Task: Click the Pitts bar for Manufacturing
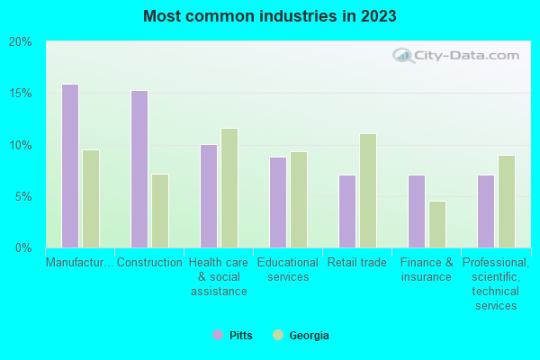(70, 166)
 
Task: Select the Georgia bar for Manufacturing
(91, 198)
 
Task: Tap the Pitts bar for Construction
(139, 168)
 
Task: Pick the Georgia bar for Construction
(160, 211)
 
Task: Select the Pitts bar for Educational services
(278, 202)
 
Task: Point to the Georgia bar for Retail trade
(368, 190)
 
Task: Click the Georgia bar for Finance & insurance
(437, 224)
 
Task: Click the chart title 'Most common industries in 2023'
(269, 16)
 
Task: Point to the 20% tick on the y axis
(21, 42)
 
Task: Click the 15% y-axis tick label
(21, 94)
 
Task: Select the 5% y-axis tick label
(23, 196)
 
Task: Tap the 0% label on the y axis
(23, 247)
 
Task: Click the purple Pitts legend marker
(217, 335)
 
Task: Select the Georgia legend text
(309, 336)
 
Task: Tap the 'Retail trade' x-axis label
(357, 263)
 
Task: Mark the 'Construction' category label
(149, 263)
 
